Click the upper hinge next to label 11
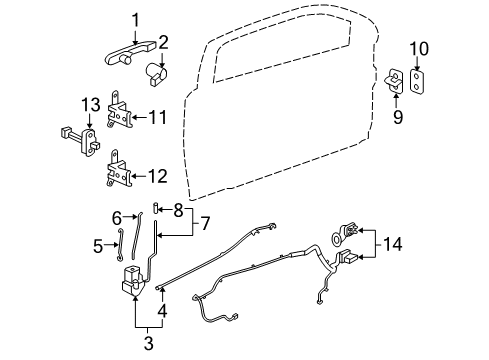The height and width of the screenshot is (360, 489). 119,119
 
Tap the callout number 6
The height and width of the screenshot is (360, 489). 116,217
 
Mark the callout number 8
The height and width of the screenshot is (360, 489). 179,210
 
